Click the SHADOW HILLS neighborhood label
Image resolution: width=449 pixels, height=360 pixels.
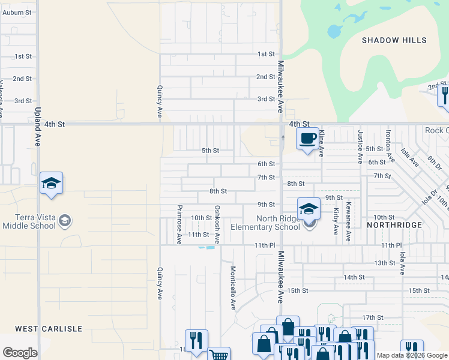click(394, 40)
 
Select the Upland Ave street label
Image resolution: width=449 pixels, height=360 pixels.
click(37, 127)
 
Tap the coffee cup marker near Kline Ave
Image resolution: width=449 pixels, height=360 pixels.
click(308, 139)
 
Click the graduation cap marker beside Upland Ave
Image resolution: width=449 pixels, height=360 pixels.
click(52, 184)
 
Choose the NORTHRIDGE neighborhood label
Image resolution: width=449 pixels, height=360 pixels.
click(394, 224)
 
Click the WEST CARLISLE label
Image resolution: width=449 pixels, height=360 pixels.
click(48, 329)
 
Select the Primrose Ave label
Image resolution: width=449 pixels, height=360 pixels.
click(179, 224)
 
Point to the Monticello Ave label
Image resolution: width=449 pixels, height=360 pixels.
click(233, 288)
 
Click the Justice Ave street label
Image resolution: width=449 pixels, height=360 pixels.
click(360, 146)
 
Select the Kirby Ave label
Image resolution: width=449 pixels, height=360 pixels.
click(335, 221)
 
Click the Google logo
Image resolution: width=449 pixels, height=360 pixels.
click(20, 353)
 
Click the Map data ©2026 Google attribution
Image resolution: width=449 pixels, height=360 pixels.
click(412, 355)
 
